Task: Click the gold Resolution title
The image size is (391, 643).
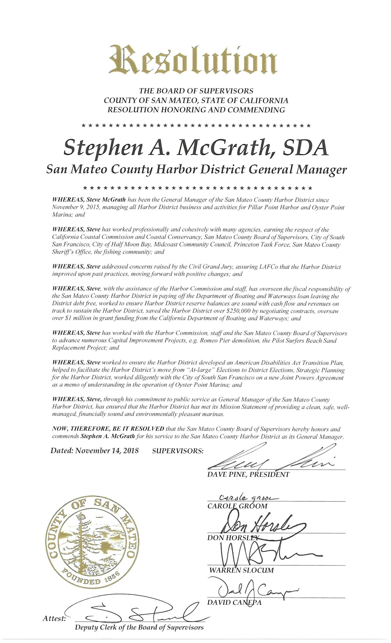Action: tap(193, 60)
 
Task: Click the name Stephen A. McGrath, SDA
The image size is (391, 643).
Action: tap(196, 148)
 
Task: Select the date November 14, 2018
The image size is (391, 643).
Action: tap(107, 450)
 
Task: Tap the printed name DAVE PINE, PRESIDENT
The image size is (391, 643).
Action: tap(248, 474)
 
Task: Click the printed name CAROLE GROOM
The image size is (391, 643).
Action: tap(237, 506)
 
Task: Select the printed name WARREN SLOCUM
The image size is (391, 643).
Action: tap(241, 570)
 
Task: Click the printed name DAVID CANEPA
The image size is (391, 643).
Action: tap(234, 602)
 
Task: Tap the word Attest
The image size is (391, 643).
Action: tap(54, 619)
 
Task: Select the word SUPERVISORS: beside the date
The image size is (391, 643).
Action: tap(177, 451)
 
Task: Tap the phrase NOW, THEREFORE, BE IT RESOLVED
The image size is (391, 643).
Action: tap(108, 429)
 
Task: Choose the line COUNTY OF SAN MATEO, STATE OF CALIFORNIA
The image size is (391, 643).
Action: tap(196, 100)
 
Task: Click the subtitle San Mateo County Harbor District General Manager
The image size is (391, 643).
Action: tap(196, 169)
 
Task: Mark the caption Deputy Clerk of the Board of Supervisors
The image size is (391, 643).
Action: tap(139, 627)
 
